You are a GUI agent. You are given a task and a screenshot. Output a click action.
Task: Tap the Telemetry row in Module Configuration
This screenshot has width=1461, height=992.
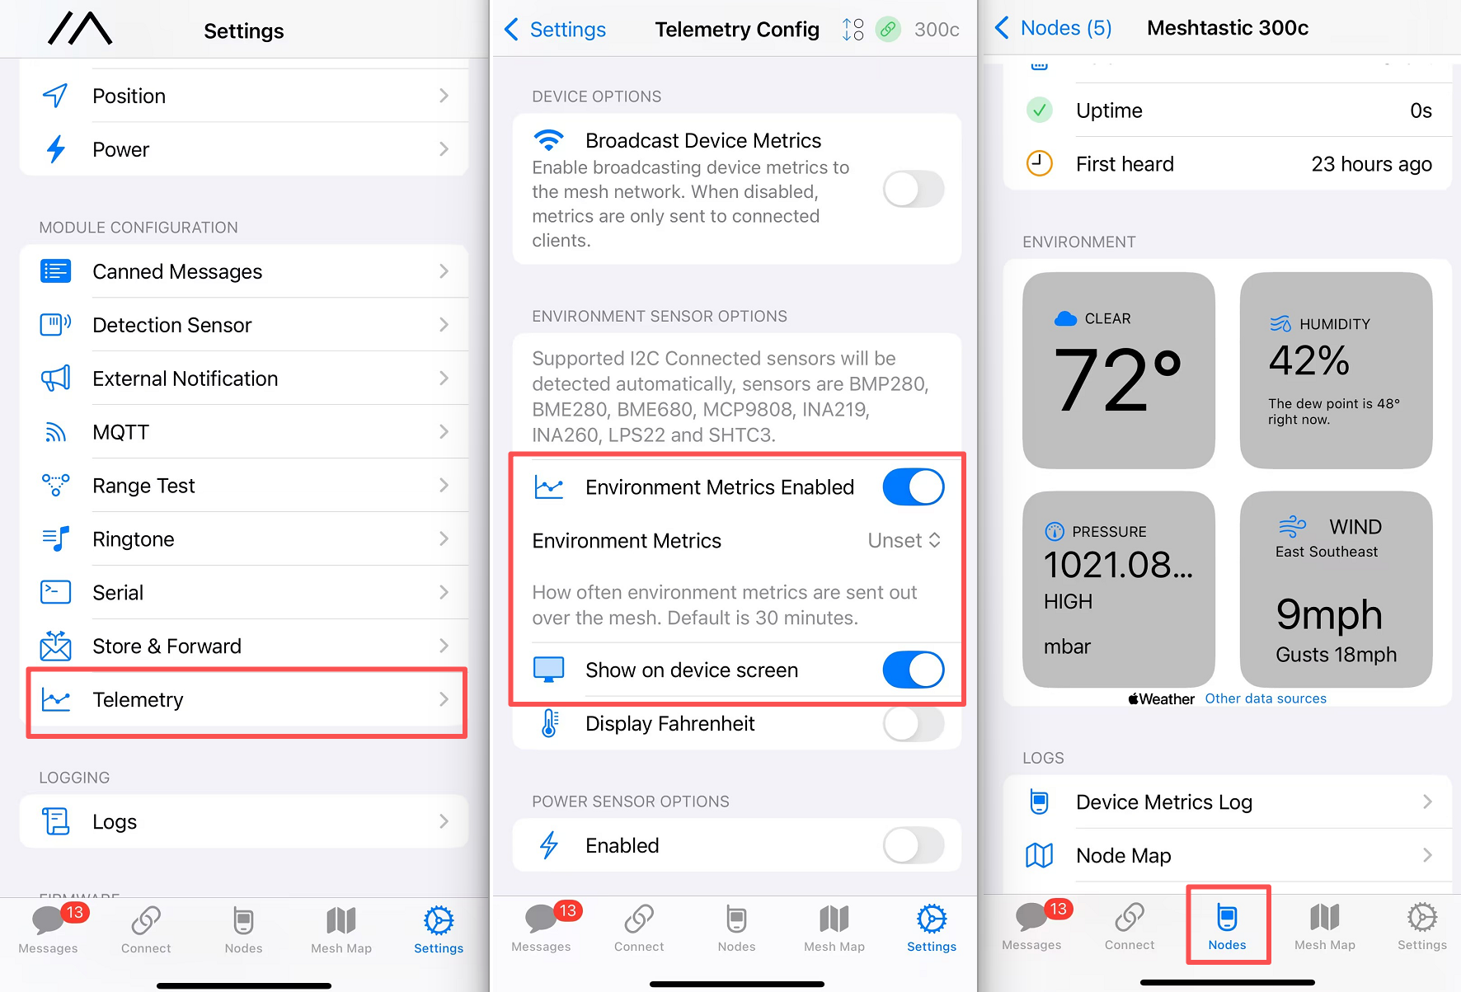click(245, 700)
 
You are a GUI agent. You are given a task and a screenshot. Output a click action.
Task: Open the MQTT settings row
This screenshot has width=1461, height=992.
click(245, 432)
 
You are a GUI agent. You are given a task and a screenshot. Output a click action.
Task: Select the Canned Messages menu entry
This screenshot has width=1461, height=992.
click(245, 271)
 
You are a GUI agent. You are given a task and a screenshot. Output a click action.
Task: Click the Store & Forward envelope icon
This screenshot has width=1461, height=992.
click(56, 646)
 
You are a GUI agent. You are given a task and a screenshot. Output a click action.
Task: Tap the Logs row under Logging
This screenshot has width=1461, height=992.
click(245, 821)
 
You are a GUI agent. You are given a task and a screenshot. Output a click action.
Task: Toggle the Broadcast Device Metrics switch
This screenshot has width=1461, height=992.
click(914, 190)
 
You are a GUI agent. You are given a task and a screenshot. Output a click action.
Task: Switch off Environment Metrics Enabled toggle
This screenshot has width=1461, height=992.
click(914, 487)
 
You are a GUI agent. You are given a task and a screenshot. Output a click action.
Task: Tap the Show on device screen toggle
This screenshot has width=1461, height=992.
click(914, 670)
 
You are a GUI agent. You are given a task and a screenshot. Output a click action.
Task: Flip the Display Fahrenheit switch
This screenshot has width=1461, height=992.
click(914, 724)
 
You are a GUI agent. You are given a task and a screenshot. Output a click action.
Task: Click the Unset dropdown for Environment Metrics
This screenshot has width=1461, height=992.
click(904, 541)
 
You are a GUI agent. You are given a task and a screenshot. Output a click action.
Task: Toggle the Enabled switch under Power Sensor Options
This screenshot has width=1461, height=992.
click(914, 845)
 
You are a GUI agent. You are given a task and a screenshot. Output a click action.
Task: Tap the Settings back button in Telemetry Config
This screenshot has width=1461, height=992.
click(555, 30)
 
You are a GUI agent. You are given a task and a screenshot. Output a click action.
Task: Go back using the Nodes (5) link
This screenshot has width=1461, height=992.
click(1053, 28)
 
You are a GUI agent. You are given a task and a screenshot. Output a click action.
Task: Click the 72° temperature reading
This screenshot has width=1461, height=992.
click(1118, 379)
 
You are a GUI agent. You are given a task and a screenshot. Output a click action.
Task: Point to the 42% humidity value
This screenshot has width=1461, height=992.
click(1309, 360)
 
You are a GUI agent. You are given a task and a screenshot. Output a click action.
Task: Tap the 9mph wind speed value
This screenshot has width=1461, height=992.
click(1329, 614)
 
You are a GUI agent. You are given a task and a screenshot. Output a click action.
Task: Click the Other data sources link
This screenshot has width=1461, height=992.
click(1266, 698)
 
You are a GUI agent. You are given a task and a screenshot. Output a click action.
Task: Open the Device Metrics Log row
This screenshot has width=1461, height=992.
click(1228, 802)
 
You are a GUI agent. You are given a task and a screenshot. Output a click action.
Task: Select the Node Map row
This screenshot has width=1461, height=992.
click(1228, 855)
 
